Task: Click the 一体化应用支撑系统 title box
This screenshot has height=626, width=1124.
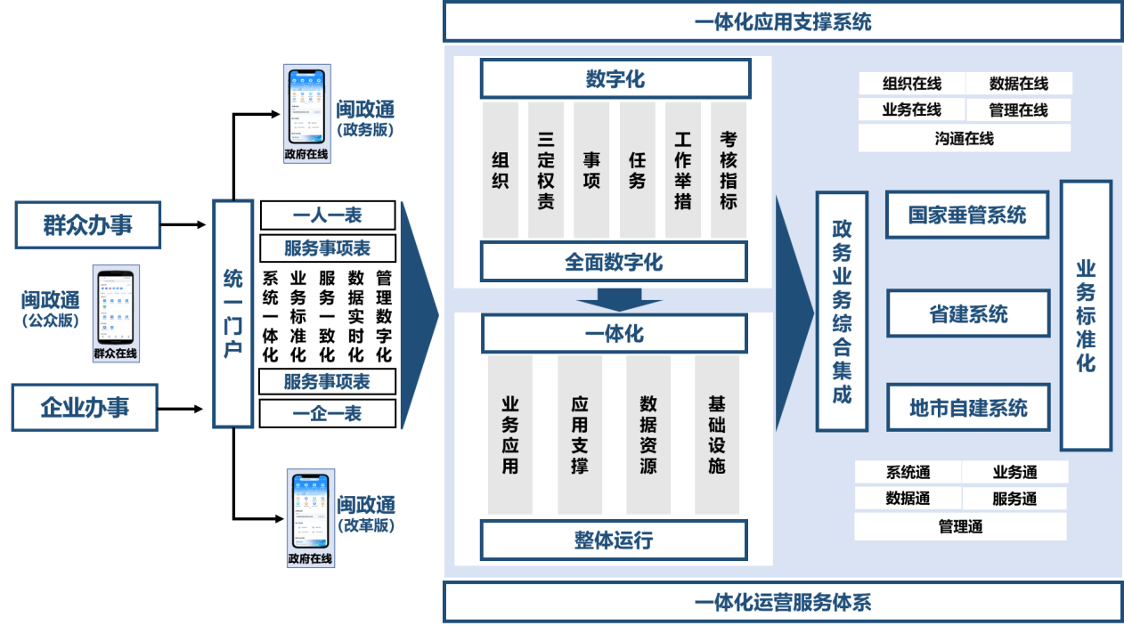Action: pos(782,21)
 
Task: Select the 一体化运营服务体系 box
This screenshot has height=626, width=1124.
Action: pos(782,603)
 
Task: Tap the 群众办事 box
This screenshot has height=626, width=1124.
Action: pos(88,224)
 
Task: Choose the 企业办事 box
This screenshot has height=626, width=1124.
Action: pos(85,407)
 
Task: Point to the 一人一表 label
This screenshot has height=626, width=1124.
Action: pos(327,215)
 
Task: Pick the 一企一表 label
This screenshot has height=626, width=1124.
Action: pos(327,413)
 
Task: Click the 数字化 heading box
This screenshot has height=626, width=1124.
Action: pos(615,79)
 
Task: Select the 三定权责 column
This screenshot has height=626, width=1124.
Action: pos(546,170)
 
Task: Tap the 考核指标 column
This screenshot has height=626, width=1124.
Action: pos(729,170)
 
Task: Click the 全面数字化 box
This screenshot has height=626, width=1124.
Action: pos(614,262)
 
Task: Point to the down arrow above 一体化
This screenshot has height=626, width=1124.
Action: pos(614,300)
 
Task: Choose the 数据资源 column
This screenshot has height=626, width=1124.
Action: pos(648,435)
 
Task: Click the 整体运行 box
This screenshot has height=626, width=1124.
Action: pos(614,540)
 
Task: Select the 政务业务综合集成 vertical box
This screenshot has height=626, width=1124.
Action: pos(842,312)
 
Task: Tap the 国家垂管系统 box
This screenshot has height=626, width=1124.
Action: pos(967,215)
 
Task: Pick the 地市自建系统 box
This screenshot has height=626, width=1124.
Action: pos(968,408)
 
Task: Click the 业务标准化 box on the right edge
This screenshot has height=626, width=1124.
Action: pos(1086,315)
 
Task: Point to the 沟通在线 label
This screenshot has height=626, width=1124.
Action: pos(965,138)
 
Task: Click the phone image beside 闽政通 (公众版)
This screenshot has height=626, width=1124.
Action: pos(117,313)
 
